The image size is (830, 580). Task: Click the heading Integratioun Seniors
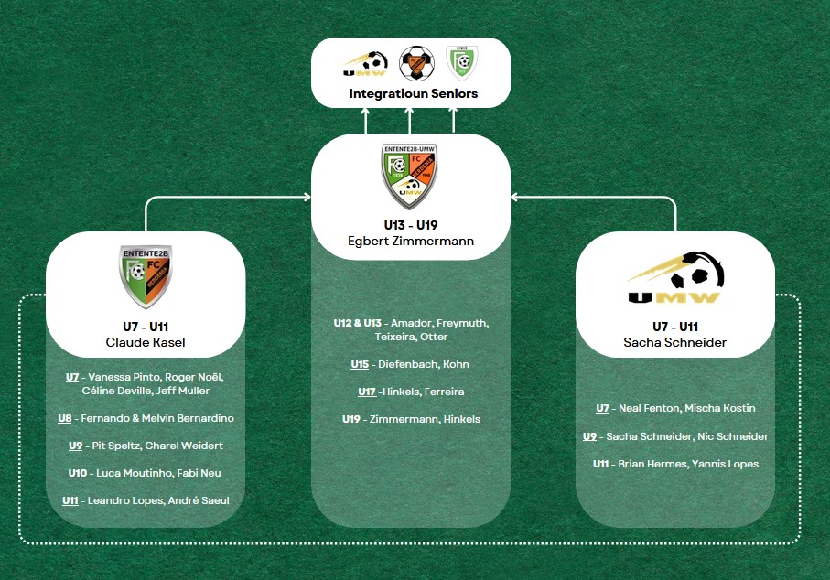[x=414, y=93]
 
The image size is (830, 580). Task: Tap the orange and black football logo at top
[x=416, y=63]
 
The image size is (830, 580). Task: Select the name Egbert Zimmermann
[x=411, y=241]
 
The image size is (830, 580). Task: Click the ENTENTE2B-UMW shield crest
[x=410, y=176]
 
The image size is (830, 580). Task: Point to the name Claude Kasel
[x=146, y=342]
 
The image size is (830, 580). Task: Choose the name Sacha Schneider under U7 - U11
[x=675, y=342]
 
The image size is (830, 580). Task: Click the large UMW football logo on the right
[x=676, y=277]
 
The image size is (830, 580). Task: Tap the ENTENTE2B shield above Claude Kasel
[x=146, y=276]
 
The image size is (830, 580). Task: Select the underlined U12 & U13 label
[x=357, y=323]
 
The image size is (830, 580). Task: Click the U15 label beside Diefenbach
[x=360, y=364]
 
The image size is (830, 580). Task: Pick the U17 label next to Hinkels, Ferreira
[x=367, y=392]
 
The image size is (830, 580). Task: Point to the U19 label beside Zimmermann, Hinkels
[x=351, y=419]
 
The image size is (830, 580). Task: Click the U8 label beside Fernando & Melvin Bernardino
[x=65, y=418]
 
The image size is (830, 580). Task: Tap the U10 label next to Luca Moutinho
[x=78, y=473]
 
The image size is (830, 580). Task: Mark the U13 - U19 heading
[x=411, y=225]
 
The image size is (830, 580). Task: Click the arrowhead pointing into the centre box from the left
[x=307, y=198]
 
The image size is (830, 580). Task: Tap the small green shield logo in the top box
[x=461, y=62]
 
